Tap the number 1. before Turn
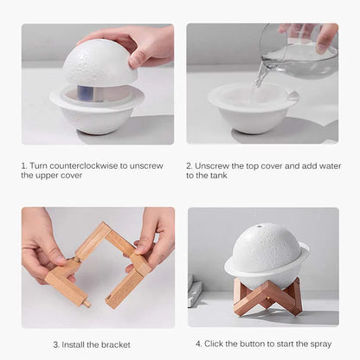(24, 164)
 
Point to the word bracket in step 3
(115, 344)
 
